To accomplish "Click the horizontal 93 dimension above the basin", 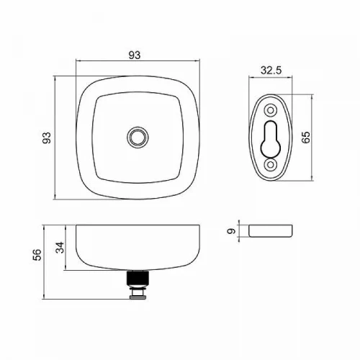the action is pyautogui.click(x=135, y=55).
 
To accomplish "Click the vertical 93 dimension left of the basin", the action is pyautogui.click(x=47, y=138).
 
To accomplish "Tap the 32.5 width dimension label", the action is pyautogui.click(x=271, y=71).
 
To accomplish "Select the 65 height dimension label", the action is pyautogui.click(x=306, y=138).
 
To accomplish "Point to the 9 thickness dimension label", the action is pyautogui.click(x=231, y=231).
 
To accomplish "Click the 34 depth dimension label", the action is pyautogui.click(x=60, y=248).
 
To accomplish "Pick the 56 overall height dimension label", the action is pyautogui.click(x=37, y=255).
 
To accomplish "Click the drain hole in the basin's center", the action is pyautogui.click(x=138, y=138).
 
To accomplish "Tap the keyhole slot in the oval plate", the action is pyautogui.click(x=271, y=139).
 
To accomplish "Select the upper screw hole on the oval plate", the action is pyautogui.click(x=271, y=111).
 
